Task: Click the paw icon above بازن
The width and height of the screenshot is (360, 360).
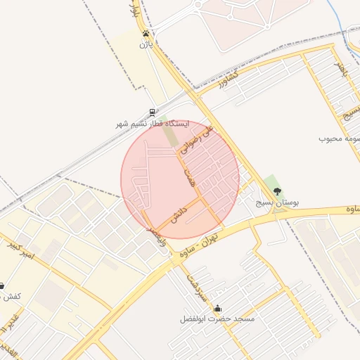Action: point(146,34)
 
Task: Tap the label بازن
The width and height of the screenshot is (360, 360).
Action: point(146,44)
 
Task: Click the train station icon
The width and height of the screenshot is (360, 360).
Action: point(153,112)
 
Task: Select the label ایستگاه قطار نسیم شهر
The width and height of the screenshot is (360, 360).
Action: point(153,124)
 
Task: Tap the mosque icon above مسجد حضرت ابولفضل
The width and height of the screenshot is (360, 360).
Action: point(217,308)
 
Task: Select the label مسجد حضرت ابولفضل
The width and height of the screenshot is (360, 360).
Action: point(217,319)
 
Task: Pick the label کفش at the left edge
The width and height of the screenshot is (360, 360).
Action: point(10,296)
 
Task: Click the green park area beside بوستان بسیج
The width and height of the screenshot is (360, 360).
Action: point(272,182)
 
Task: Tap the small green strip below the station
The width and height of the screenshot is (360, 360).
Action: point(171,136)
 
